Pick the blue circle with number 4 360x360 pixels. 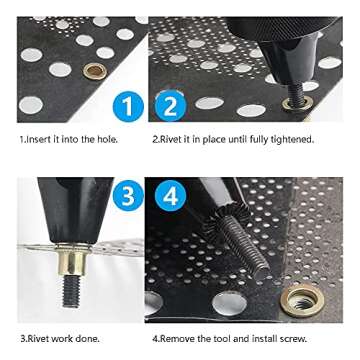tap(171, 196)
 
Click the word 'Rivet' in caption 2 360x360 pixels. tap(174, 139)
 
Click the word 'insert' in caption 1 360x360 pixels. tap(35, 139)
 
